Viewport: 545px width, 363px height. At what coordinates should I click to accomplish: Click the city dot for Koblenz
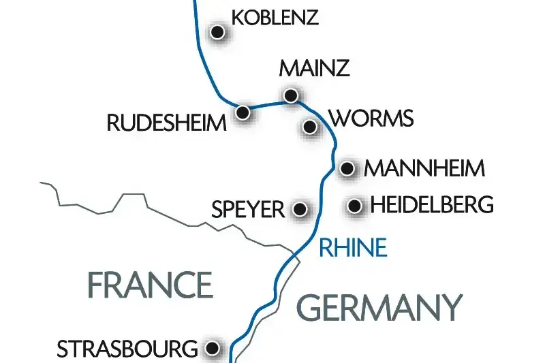point(217,31)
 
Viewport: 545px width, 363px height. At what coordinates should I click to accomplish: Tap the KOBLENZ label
point(275,17)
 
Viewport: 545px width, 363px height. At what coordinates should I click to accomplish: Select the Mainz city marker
point(291,95)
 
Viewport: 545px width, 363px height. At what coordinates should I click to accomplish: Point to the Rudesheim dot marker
point(242,112)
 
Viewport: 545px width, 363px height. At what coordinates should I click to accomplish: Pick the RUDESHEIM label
point(167,123)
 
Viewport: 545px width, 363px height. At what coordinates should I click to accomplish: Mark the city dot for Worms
point(310,126)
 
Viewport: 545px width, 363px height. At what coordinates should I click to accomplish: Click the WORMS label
point(371,119)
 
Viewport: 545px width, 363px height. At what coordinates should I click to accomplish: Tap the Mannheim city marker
point(347,168)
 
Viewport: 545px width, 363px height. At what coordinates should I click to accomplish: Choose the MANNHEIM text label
point(425,168)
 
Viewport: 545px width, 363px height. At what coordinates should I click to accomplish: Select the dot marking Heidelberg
point(354,205)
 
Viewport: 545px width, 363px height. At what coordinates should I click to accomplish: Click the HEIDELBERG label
point(431,204)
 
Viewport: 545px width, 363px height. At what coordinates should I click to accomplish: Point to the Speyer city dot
point(299,208)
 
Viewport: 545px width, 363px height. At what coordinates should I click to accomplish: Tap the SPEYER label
point(247,208)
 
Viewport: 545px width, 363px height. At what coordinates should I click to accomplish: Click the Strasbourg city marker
point(213,349)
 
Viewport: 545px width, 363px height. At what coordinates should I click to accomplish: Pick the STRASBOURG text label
point(127,349)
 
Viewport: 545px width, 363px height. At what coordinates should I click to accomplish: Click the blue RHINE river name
point(353,247)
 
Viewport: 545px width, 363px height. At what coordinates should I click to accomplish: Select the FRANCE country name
point(150,285)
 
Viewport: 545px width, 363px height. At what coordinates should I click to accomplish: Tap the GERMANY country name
point(379,307)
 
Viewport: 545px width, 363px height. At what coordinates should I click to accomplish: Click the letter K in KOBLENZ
point(238,17)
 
